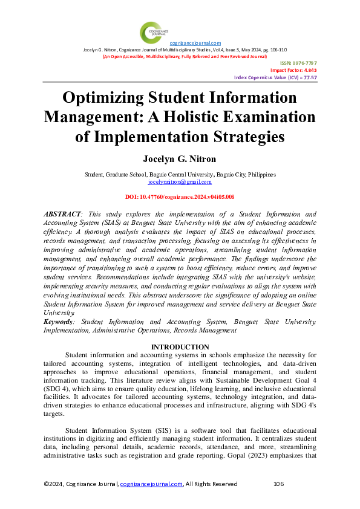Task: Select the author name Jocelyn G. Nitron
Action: click(x=180, y=160)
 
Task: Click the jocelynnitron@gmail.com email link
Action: click(x=180, y=181)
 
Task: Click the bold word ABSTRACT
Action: click(x=63, y=215)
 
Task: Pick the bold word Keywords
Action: click(x=61, y=323)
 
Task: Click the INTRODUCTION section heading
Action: click(x=180, y=347)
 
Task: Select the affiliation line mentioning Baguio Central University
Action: click(x=180, y=174)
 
